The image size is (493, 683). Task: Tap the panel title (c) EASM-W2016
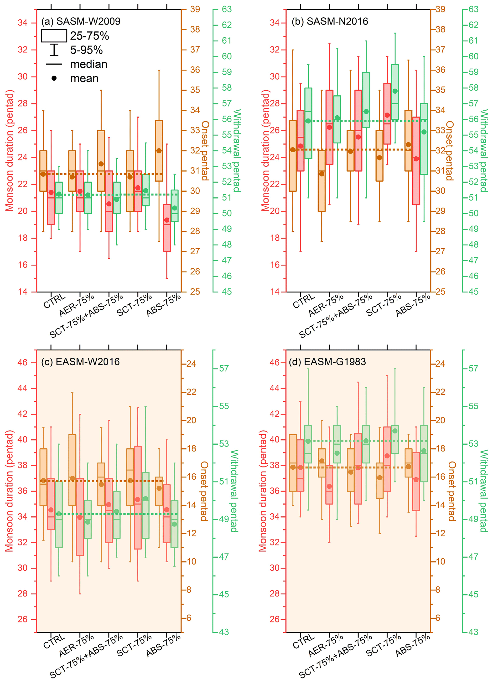[x=80, y=361]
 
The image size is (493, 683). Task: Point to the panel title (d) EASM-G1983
[x=327, y=361]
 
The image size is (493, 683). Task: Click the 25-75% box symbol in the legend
[x=54, y=36]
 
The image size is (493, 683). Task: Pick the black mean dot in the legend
[x=54, y=78]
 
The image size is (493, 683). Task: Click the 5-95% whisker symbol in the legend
[x=54, y=50]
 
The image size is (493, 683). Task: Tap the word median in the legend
[x=88, y=64]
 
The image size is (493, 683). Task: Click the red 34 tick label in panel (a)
[x=23, y=23]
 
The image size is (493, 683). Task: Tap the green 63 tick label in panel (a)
[x=227, y=9]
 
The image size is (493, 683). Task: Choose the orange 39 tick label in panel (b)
[x=440, y=9]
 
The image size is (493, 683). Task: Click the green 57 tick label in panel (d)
[x=473, y=368]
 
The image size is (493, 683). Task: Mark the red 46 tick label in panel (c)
[x=23, y=362]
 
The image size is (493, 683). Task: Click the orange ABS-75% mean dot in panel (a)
[x=159, y=151]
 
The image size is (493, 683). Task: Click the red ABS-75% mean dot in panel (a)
[x=167, y=220]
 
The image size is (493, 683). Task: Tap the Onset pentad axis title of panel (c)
[x=205, y=491]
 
